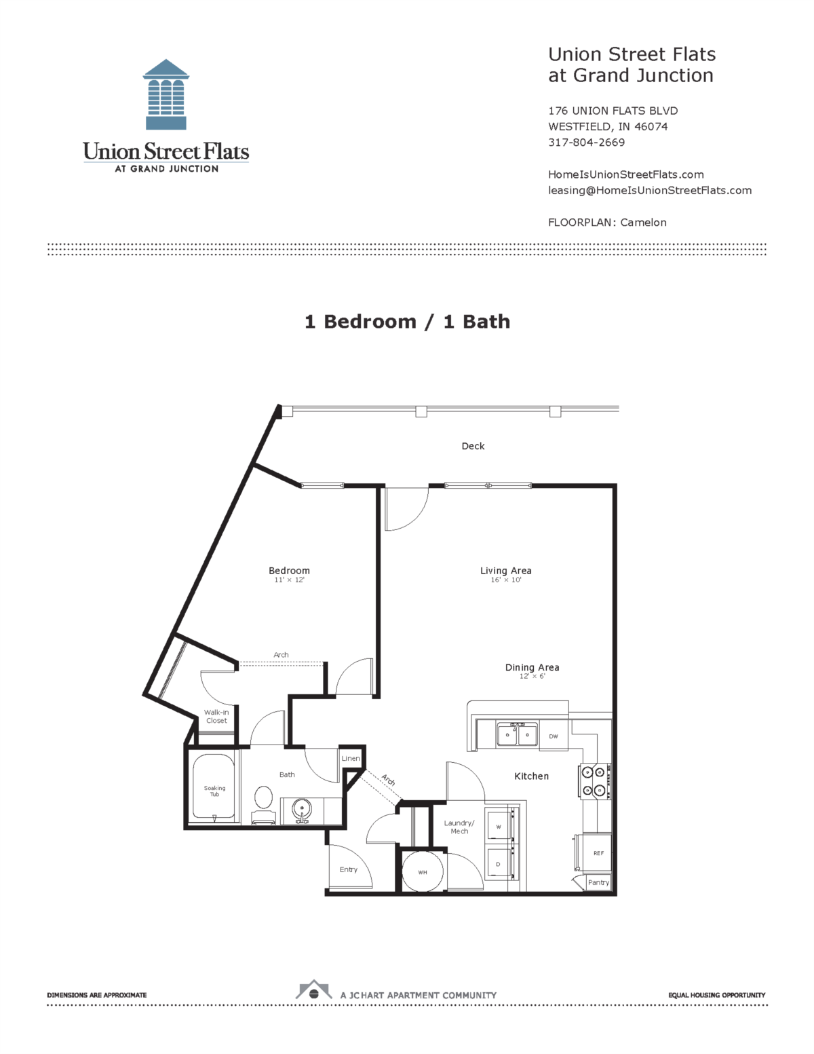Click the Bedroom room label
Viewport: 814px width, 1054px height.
pos(289,571)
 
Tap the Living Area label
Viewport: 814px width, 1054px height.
pos(505,571)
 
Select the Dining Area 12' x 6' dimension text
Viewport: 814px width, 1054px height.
pos(532,677)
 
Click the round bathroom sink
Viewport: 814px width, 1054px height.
pos(302,809)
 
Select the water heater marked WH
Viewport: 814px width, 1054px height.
pos(422,871)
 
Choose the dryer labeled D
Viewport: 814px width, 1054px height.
pos(499,864)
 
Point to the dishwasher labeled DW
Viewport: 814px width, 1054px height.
pos(554,736)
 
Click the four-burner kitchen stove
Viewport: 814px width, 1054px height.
pos(594,781)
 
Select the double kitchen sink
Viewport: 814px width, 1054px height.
pos(517,735)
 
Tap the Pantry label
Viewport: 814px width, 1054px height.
pos(598,882)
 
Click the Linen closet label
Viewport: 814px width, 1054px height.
pos(351,758)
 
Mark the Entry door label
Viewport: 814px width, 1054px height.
pos(348,869)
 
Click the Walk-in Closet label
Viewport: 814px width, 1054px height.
pos(216,717)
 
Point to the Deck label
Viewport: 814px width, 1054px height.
pos(473,446)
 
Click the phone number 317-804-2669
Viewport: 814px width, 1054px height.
pos(586,143)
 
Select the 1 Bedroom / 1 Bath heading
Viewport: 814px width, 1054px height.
pos(407,322)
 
